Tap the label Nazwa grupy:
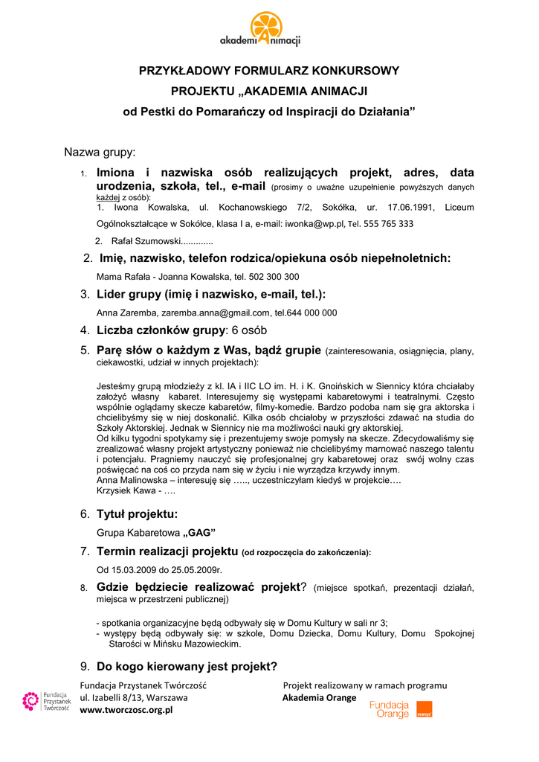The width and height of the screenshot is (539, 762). point(100,153)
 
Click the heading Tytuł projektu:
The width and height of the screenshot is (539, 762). point(138,514)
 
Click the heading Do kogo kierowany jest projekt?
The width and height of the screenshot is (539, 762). point(187,666)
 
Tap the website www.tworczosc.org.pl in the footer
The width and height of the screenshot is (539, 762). point(126,711)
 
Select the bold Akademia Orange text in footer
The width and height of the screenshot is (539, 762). point(319,698)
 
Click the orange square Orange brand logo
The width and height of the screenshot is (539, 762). point(424,709)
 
